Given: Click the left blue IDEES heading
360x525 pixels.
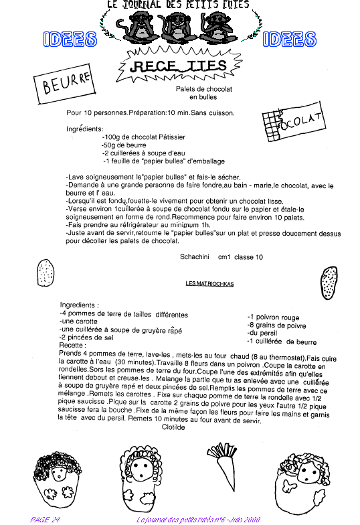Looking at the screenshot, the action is coord(70,39).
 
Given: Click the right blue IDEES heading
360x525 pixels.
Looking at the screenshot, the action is coord(289,39).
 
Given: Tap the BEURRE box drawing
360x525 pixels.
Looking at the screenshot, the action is coord(64,84).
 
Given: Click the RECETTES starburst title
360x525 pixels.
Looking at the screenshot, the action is coord(180,66).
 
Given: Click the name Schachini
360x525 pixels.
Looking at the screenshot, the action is coord(194,257).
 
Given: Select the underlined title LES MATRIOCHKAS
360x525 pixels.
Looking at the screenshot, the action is coord(209,284).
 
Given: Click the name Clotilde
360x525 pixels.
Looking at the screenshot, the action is coord(173,427).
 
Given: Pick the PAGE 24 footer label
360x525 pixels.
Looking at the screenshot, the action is coord(45,520).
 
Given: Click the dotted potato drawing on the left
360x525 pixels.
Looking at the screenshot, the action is coord(46,273).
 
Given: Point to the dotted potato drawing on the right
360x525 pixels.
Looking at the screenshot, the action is coord(329,283).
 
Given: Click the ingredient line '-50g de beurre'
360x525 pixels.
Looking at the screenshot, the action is coord(124,145).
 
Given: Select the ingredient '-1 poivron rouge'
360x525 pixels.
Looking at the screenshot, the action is coord(273,317).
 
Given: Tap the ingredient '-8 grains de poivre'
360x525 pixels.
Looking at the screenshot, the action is coord(277,325).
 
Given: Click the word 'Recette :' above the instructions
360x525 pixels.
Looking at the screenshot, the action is coord(72,346).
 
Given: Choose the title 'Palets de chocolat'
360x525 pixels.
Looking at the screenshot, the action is coord(203,89).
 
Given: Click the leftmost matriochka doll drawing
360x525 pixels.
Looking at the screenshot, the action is coord(58,481).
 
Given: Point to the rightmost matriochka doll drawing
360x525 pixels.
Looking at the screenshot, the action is coord(302,481).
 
